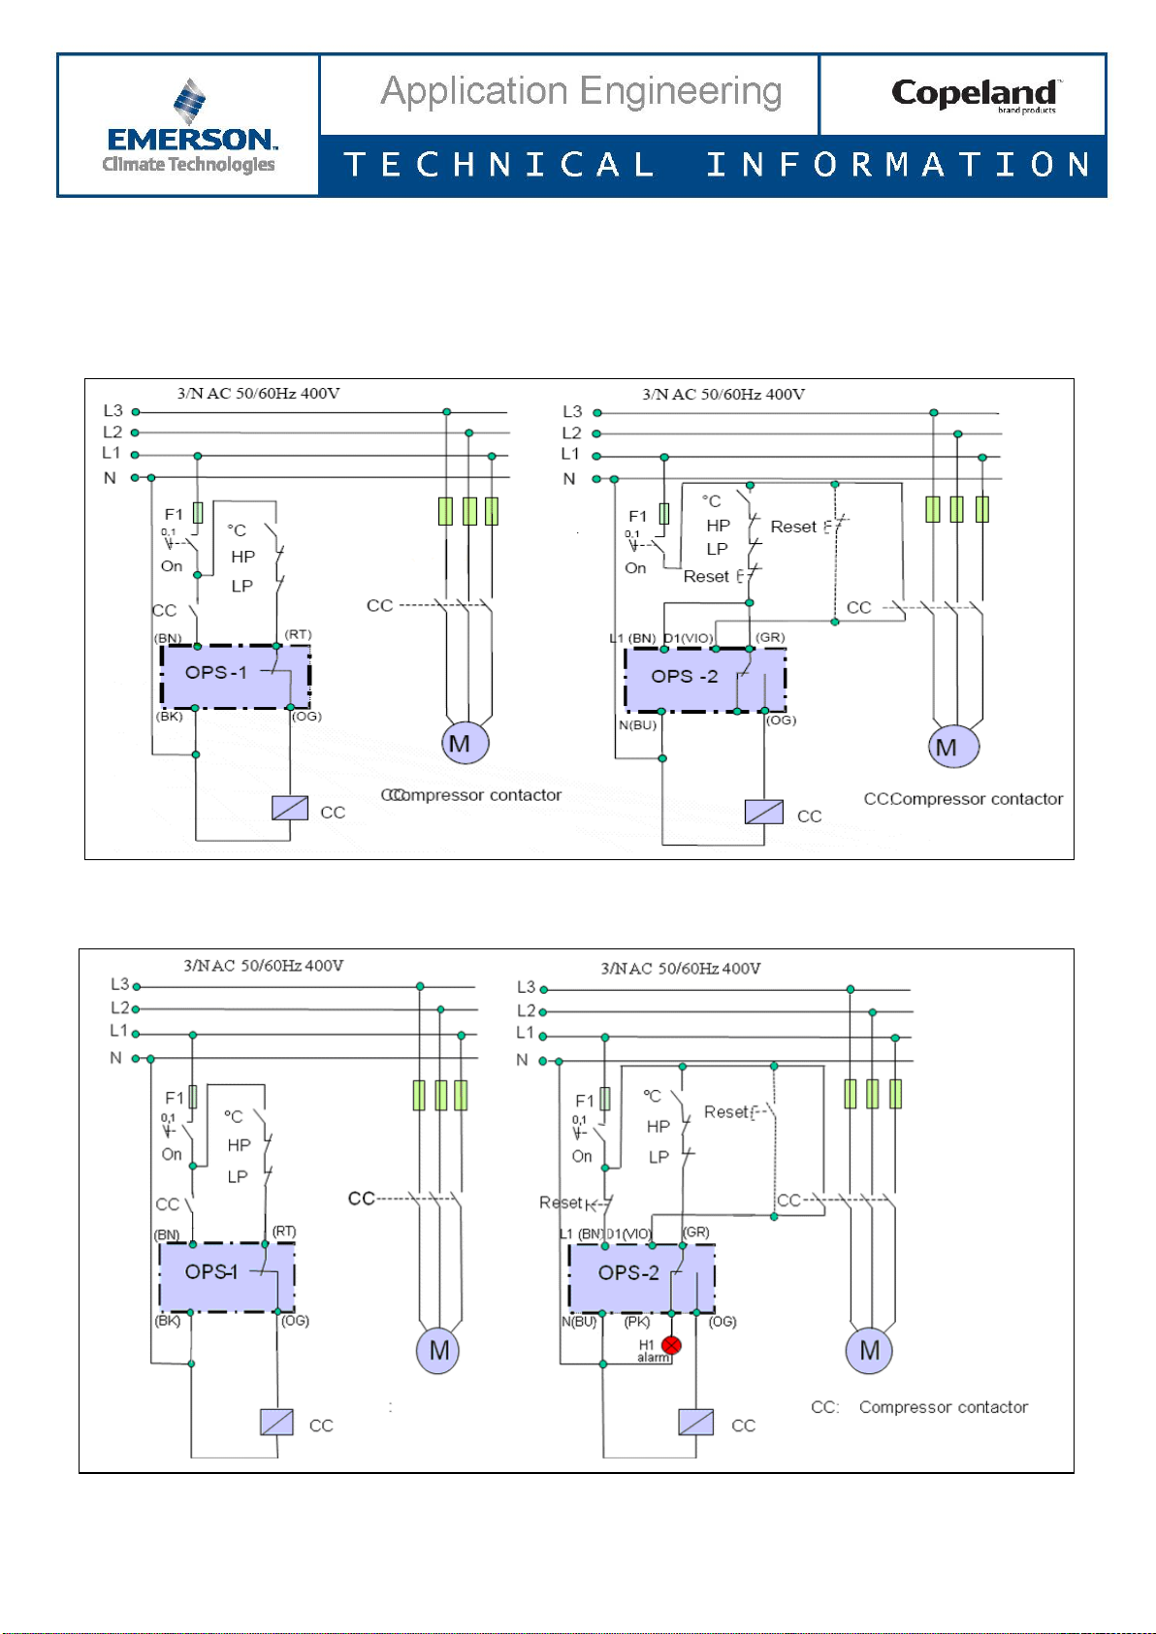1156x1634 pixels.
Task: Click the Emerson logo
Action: [x=189, y=126]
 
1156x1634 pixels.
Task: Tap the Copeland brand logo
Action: [x=975, y=94]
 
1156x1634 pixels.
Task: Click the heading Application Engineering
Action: [x=581, y=92]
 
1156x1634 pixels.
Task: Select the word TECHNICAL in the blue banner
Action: [x=499, y=165]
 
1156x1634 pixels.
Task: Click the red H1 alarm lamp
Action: [x=671, y=1345]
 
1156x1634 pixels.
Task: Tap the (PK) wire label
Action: [x=636, y=1322]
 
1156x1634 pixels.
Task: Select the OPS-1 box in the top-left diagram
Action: [x=236, y=676]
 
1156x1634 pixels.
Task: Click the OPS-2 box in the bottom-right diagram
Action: [x=641, y=1277]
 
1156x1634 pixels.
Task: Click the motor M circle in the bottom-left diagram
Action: [x=438, y=1351]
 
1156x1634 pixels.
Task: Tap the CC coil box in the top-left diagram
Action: [x=290, y=808]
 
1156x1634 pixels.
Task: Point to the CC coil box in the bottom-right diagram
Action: [x=696, y=1423]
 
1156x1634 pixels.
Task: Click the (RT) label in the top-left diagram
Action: [x=298, y=635]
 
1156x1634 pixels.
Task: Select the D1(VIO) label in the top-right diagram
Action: [x=689, y=638]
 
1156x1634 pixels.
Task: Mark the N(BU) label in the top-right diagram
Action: [x=637, y=725]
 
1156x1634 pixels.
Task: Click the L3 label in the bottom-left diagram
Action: [x=120, y=984]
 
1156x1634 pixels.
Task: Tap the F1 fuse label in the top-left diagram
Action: [x=174, y=514]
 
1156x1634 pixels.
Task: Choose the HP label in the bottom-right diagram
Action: [x=658, y=1127]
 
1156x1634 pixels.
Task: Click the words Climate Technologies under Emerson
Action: [x=189, y=165]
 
